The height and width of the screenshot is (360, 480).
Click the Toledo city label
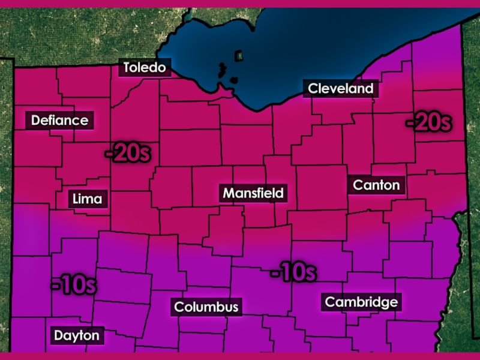144,67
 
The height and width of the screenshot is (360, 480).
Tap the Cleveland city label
340,89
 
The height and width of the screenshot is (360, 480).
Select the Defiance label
60,120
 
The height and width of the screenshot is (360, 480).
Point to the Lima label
87,199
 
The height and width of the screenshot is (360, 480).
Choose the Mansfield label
253,193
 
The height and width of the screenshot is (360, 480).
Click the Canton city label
376,185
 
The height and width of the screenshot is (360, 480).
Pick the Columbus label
206,307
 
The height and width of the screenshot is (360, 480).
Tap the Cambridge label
361,302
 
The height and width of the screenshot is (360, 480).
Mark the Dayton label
76,335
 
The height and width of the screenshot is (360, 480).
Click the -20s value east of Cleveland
428,122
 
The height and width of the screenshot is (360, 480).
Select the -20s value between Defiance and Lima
127,153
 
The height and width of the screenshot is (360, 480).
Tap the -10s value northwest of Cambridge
293,273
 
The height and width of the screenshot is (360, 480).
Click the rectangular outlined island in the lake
239,56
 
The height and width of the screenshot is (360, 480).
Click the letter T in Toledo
127,67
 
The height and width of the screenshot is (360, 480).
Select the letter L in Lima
75,199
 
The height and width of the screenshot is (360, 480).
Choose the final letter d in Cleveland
369,89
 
